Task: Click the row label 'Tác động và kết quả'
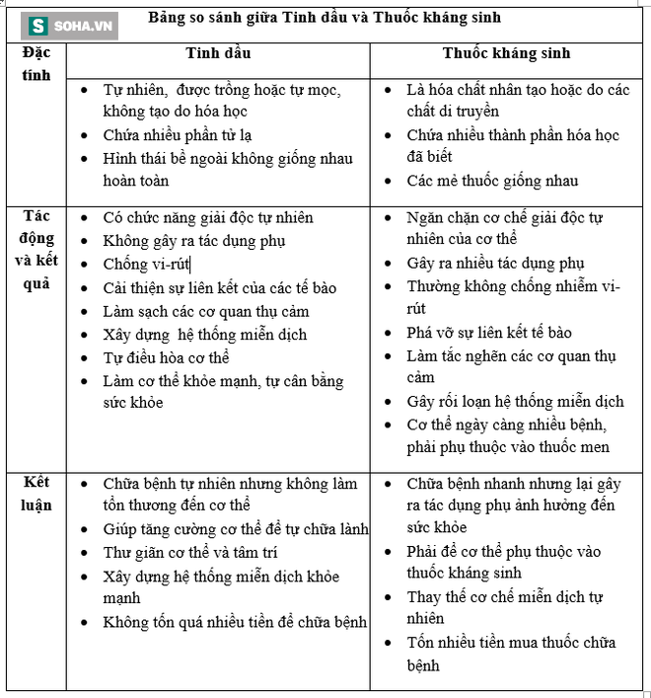pos(36,249)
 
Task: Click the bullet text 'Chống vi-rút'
pos(146,264)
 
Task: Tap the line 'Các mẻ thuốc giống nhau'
pos(492,181)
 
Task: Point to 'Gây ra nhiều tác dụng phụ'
pos(495,263)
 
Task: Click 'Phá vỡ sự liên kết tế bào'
pos(503,332)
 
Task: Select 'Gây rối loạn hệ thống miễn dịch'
pos(515,401)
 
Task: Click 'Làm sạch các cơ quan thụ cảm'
pos(205,311)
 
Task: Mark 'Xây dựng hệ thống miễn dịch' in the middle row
pos(204,335)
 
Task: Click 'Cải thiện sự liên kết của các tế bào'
pos(220,287)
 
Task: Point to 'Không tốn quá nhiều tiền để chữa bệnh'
pos(235,621)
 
